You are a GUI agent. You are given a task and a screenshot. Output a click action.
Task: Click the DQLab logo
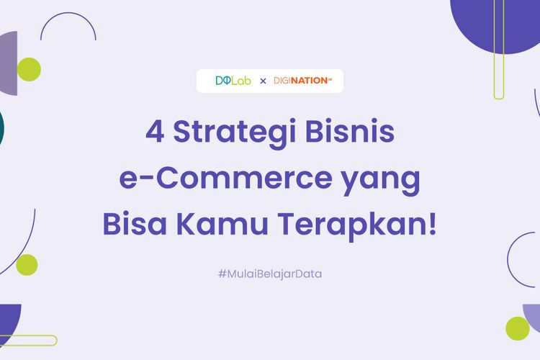point(233,81)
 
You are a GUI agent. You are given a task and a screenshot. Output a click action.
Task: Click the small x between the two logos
point(263,81)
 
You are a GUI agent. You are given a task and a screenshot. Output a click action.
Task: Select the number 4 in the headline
point(154,133)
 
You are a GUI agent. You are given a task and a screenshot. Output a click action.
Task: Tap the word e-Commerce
point(208,179)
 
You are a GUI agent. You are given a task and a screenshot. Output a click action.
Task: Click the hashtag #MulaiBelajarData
point(269,274)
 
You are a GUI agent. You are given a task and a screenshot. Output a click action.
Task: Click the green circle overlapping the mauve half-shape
point(29,69)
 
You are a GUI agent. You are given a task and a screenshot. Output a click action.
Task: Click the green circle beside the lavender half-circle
point(517,328)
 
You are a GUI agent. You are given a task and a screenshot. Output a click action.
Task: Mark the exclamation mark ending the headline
point(432,224)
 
